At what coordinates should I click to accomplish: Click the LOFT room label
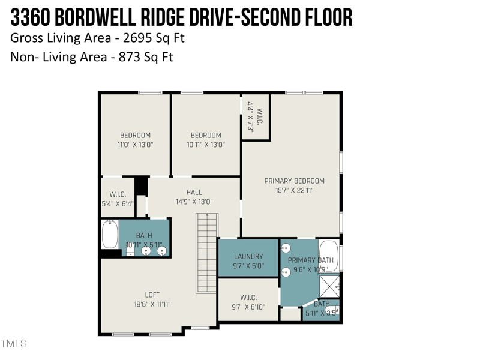(x=152, y=295)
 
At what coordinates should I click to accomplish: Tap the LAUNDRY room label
(x=248, y=256)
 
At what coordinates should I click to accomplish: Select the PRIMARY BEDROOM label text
(x=294, y=181)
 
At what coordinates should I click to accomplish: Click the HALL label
(x=194, y=192)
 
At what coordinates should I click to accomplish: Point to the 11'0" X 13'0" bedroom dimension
(x=135, y=145)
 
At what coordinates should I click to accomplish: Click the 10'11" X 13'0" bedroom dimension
(x=206, y=145)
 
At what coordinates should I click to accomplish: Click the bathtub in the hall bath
(x=110, y=235)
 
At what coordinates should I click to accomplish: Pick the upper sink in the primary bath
(x=286, y=247)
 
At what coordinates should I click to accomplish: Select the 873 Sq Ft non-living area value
(x=148, y=58)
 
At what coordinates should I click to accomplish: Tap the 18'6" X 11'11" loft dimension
(x=152, y=304)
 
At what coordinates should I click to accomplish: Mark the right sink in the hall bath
(x=161, y=251)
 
